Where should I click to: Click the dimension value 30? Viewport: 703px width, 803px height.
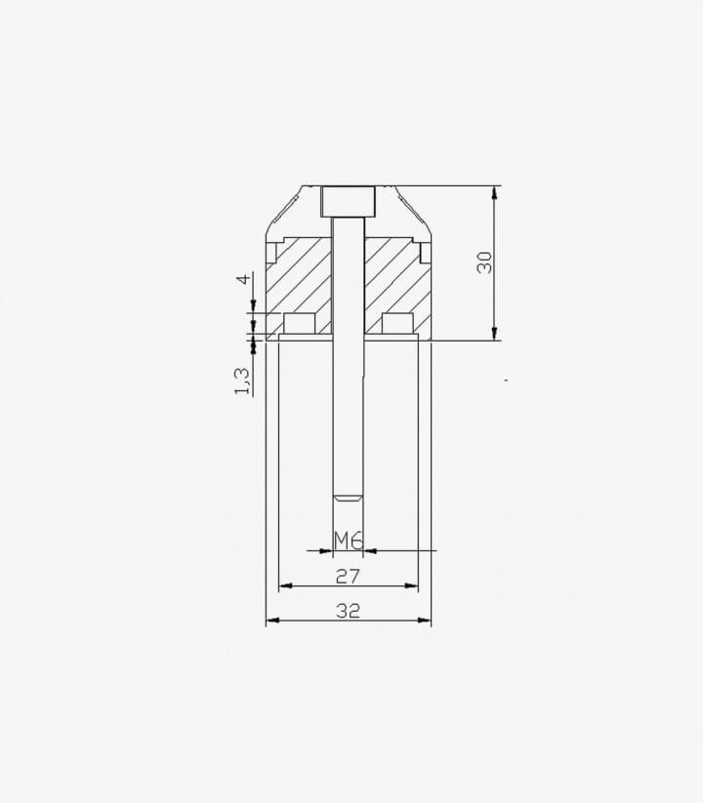(484, 262)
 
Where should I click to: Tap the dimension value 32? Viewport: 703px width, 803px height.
(349, 611)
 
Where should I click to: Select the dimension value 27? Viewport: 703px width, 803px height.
(349, 577)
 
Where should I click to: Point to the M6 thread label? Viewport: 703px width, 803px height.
(349, 541)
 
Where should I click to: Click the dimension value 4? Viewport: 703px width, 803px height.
(245, 279)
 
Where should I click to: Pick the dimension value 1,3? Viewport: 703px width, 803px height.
(242, 381)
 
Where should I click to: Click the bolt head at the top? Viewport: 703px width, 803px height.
(349, 201)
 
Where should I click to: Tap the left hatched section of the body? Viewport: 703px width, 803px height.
(299, 288)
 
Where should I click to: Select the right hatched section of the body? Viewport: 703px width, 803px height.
(397, 288)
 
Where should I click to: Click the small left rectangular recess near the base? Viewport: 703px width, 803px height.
(299, 324)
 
